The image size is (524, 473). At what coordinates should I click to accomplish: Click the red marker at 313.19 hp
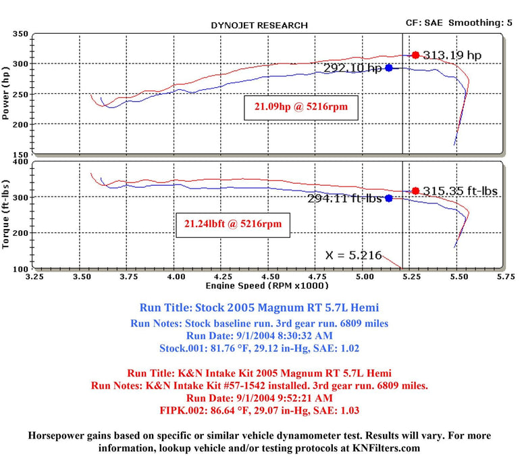point(415,55)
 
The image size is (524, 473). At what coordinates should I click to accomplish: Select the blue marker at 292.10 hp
point(389,68)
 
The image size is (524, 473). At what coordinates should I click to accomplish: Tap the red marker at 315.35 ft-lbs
point(415,191)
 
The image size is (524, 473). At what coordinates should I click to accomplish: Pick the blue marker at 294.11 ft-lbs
point(389,198)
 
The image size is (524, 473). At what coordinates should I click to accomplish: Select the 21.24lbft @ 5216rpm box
point(233,223)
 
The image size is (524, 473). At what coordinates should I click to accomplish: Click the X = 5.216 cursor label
point(353,255)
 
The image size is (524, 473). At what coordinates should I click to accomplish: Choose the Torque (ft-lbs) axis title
point(7,214)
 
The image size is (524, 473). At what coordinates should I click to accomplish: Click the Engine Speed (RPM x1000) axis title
point(267,287)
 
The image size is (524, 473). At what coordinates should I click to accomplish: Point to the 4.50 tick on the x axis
point(270,277)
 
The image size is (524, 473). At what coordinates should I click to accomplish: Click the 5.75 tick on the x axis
point(503,277)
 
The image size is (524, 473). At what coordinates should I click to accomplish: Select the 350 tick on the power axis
point(20,34)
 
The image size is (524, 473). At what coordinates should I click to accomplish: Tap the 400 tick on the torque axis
point(20,161)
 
